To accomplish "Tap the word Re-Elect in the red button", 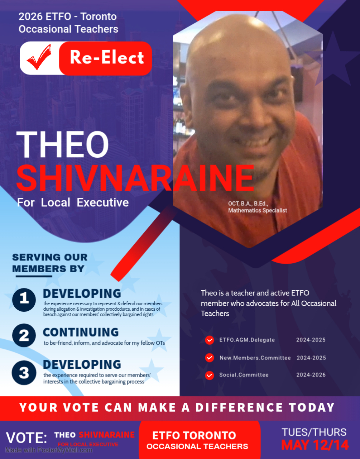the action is pyautogui.click(x=107, y=57).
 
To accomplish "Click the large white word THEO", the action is pyautogui.click(x=62, y=144).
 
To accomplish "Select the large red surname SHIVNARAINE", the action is pyautogui.click(x=135, y=178).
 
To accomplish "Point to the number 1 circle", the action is pyautogui.click(x=24, y=300).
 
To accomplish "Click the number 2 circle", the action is pyautogui.click(x=24, y=335).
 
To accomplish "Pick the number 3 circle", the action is pyautogui.click(x=24, y=373).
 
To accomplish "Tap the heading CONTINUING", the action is pyautogui.click(x=81, y=332).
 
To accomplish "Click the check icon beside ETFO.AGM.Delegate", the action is pyautogui.click(x=210, y=340).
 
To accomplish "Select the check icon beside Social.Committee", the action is pyautogui.click(x=210, y=376).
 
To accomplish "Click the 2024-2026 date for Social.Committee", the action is pyautogui.click(x=311, y=375).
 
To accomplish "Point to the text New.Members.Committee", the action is pyautogui.click(x=255, y=358).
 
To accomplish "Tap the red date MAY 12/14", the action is pyautogui.click(x=315, y=445).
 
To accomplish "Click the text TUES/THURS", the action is pyautogui.click(x=314, y=432).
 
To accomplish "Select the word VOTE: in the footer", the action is pyautogui.click(x=27, y=438).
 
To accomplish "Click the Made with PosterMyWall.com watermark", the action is pyautogui.click(x=49, y=450).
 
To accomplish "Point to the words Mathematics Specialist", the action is pyautogui.click(x=258, y=210).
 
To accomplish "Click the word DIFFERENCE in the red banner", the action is pyautogui.click(x=239, y=407).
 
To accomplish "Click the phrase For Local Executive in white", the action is pyautogui.click(x=73, y=202).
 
